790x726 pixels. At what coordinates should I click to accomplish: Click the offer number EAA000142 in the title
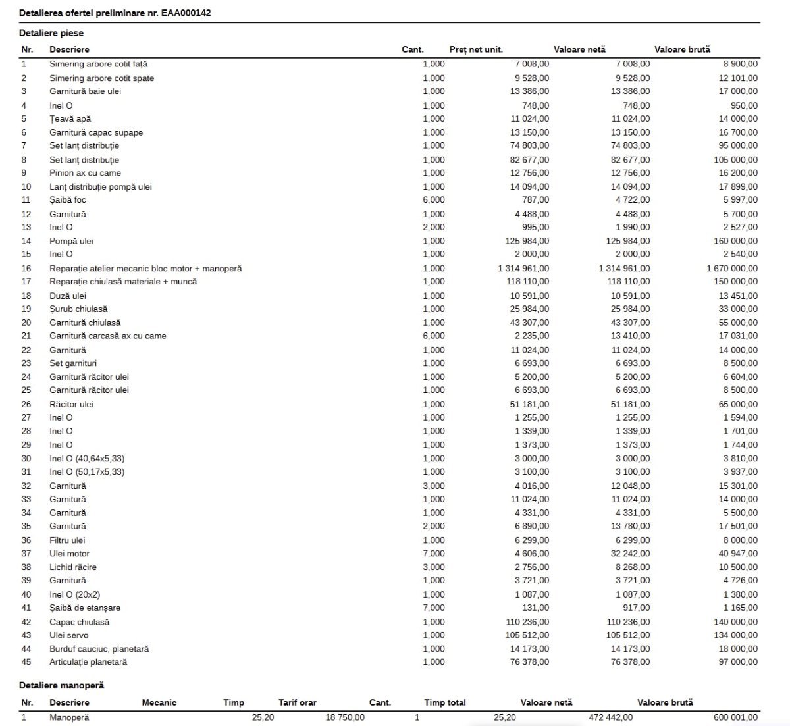tap(186, 13)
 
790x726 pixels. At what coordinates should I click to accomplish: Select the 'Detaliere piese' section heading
tap(51, 33)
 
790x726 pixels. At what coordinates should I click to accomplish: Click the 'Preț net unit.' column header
tap(476, 49)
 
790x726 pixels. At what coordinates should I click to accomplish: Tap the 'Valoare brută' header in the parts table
tap(682, 49)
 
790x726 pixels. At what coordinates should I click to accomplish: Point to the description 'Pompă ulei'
tap(71, 241)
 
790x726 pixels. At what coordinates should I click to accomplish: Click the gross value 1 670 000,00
tap(732, 269)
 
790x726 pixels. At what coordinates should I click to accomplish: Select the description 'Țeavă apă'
tap(70, 119)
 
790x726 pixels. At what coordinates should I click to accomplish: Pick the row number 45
tap(26, 662)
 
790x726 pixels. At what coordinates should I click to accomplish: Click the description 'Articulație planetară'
tap(88, 662)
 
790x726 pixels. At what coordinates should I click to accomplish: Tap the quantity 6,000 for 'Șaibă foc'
tap(434, 200)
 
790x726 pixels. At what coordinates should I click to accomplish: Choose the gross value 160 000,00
tap(735, 241)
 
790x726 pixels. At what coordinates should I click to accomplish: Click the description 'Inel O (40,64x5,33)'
tap(87, 459)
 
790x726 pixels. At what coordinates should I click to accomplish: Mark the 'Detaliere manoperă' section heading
tap(61, 685)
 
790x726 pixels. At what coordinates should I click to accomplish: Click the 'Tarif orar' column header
tap(298, 702)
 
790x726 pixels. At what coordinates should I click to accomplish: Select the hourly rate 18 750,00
tap(345, 717)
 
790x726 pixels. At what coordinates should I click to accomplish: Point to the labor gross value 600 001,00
tap(735, 717)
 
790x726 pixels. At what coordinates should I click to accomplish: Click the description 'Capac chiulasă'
tap(80, 622)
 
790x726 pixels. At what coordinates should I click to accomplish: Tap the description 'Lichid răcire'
tap(73, 567)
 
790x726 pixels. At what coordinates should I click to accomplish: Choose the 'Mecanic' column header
tap(159, 702)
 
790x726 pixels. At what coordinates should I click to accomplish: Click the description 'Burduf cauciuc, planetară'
tap(99, 649)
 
